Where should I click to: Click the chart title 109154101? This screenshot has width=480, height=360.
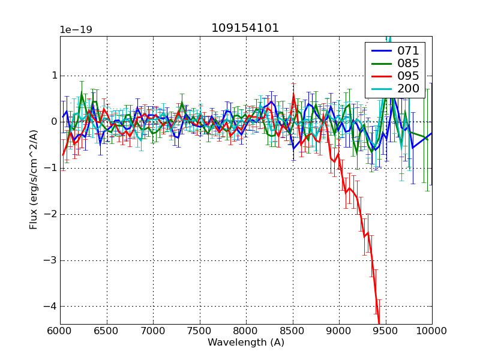[245, 28]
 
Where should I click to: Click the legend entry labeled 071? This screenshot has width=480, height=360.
[408, 50]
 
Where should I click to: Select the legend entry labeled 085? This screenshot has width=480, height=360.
[408, 63]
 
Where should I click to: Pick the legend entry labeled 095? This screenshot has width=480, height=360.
[408, 76]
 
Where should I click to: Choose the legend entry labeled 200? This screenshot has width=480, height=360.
[408, 89]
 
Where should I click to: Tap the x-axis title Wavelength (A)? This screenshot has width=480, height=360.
[246, 343]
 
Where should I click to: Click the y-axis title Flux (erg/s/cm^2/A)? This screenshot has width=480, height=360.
[34, 180]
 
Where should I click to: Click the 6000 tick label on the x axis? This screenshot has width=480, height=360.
[60, 331]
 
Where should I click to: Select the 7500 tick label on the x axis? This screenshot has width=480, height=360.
[200, 331]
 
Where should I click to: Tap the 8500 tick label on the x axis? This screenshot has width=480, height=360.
[293, 331]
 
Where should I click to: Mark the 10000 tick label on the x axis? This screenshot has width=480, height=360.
[432, 331]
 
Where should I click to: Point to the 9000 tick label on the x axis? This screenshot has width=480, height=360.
[339, 331]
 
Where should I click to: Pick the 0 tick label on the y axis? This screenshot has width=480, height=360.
[53, 122]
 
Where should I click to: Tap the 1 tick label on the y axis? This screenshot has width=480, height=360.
[53, 76]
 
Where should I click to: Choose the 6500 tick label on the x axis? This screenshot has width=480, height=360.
[107, 331]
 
